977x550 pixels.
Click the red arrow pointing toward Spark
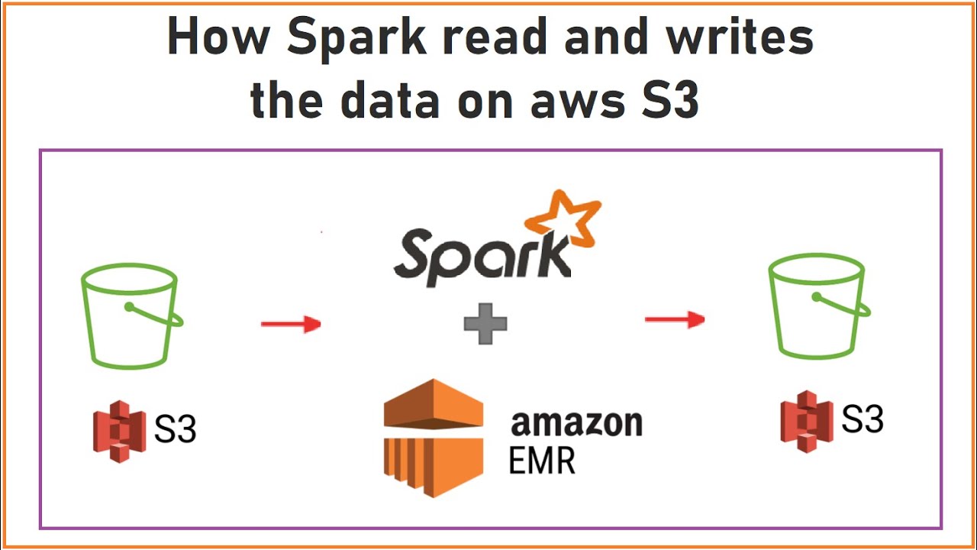(x=291, y=324)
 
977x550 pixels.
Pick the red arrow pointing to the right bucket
(x=675, y=319)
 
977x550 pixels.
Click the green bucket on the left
(x=130, y=313)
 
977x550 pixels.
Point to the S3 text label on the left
(x=175, y=430)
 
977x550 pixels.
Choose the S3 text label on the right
(x=862, y=419)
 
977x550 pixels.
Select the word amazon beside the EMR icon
(x=576, y=422)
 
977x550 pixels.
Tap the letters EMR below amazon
(x=542, y=461)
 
